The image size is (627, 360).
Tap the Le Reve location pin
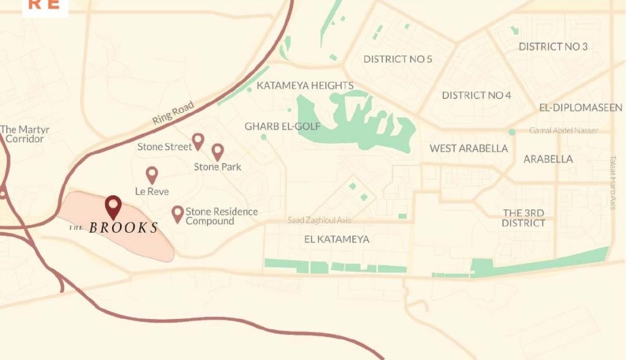(152, 175)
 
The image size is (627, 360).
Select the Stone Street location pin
(198, 141)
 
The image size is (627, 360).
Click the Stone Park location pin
(217, 151)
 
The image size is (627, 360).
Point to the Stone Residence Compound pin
(178, 214)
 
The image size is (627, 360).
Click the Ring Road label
(173, 114)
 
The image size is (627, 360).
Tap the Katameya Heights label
(305, 86)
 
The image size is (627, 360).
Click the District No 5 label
(397, 59)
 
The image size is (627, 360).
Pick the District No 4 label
(476, 96)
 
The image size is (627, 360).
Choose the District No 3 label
(553, 47)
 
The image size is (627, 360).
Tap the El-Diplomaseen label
(580, 108)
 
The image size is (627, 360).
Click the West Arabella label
(468, 148)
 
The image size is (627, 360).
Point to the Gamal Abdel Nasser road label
(563, 131)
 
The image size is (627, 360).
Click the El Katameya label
(336, 239)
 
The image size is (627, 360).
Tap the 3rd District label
(524, 218)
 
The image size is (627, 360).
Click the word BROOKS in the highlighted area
(123, 228)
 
